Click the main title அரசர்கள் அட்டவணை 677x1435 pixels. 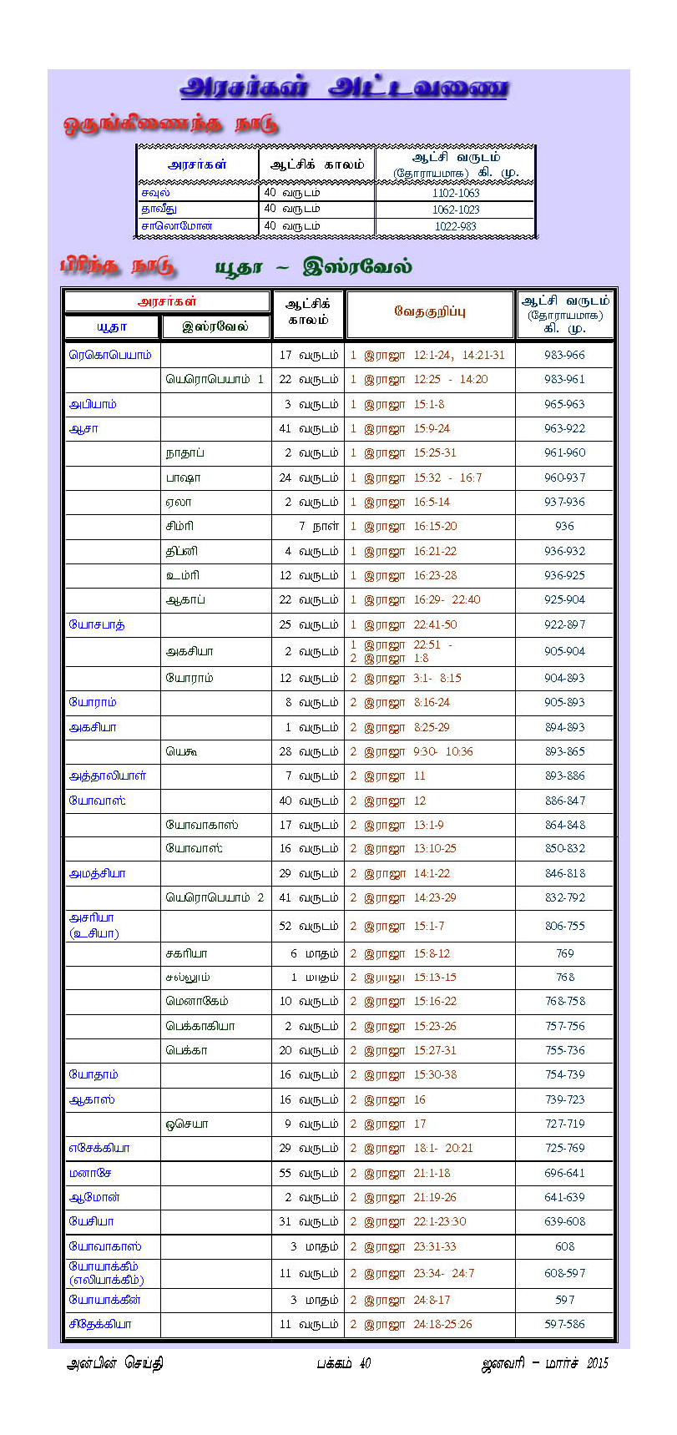click(x=343, y=88)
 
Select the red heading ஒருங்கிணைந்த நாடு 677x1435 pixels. click(x=170, y=124)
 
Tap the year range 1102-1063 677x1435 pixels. click(x=456, y=193)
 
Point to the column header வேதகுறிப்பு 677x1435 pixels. click(x=430, y=311)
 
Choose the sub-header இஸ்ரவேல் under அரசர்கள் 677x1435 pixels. click(x=215, y=326)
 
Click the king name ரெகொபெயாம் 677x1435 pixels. click(x=110, y=355)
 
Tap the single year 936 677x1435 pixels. click(x=565, y=527)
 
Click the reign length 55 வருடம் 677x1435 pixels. click(x=309, y=1173)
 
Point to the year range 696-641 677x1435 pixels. click(x=565, y=1173)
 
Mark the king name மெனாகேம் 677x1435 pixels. click(x=197, y=1001)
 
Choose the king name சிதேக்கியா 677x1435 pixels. click(x=100, y=1324)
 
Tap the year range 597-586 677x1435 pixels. click(x=565, y=1324)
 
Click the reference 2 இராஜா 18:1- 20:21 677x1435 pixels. click(x=412, y=1148)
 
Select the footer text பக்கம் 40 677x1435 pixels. click(x=343, y=1363)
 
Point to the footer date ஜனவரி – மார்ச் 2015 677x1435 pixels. click(x=545, y=1363)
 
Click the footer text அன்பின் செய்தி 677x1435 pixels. click(x=114, y=1363)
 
